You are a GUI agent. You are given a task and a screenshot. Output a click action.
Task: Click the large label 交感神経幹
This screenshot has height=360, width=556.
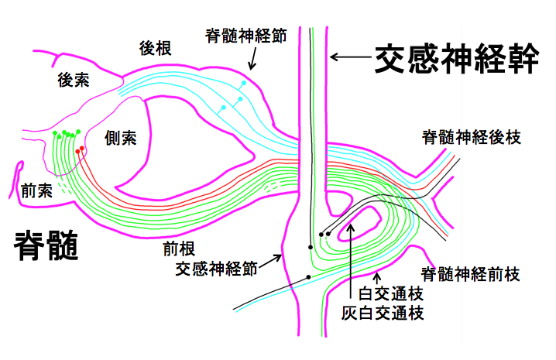click(x=457, y=59)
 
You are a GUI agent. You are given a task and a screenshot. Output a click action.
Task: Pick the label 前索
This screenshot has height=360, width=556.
click(x=36, y=190)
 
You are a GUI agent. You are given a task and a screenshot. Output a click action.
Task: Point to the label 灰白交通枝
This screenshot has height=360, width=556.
click(x=383, y=313)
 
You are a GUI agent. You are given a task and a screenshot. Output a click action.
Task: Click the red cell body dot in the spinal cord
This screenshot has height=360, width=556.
click(x=82, y=147)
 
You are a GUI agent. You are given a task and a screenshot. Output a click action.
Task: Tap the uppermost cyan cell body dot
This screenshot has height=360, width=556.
click(x=244, y=82)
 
